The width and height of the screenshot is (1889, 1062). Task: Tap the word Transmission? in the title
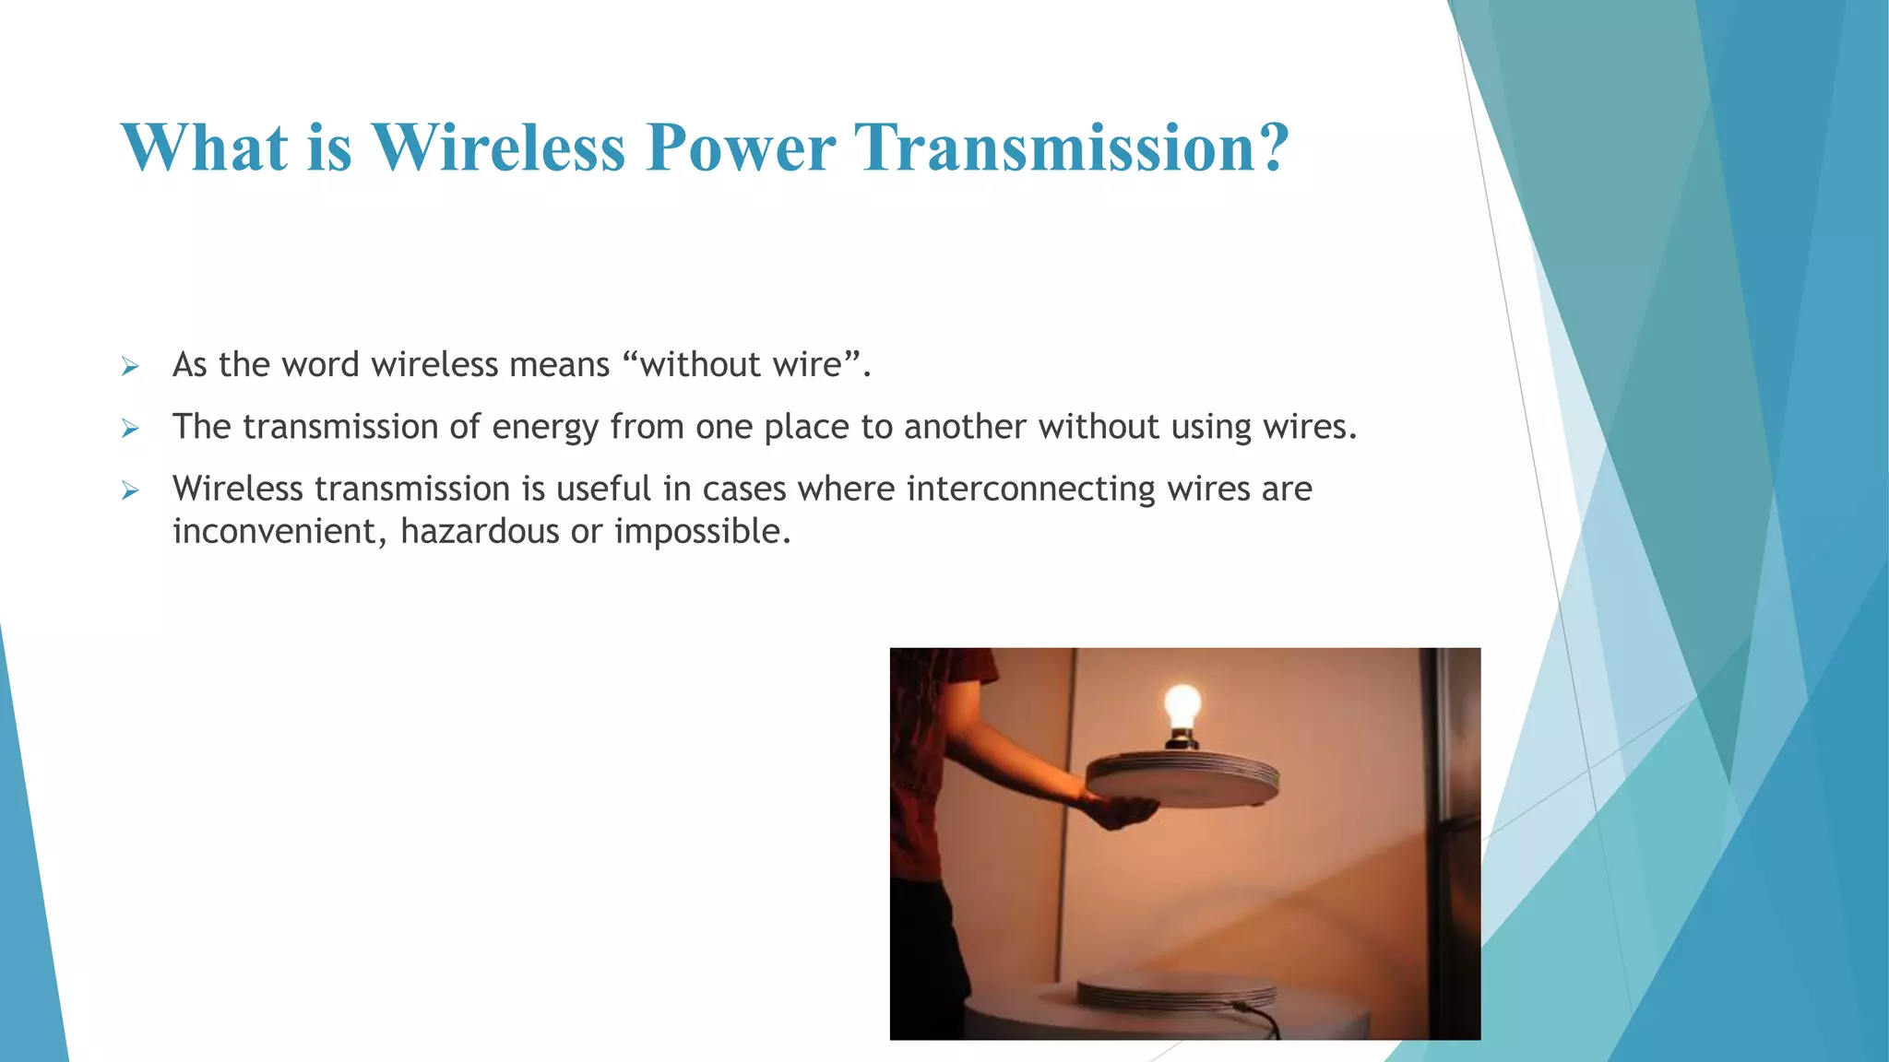coord(1072,147)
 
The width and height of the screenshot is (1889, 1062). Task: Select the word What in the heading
coord(204,147)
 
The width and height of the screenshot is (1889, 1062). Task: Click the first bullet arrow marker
coord(130,367)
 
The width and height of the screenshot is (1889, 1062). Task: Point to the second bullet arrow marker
coord(130,429)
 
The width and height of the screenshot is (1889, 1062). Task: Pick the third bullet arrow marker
coord(130,490)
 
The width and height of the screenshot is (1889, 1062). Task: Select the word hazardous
coord(480,532)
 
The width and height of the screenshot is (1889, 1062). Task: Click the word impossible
coord(701,532)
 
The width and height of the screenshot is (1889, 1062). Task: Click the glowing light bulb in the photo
coord(1182,707)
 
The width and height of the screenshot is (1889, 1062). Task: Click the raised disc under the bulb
coord(1182,780)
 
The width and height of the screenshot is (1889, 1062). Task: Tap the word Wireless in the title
coord(498,147)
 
